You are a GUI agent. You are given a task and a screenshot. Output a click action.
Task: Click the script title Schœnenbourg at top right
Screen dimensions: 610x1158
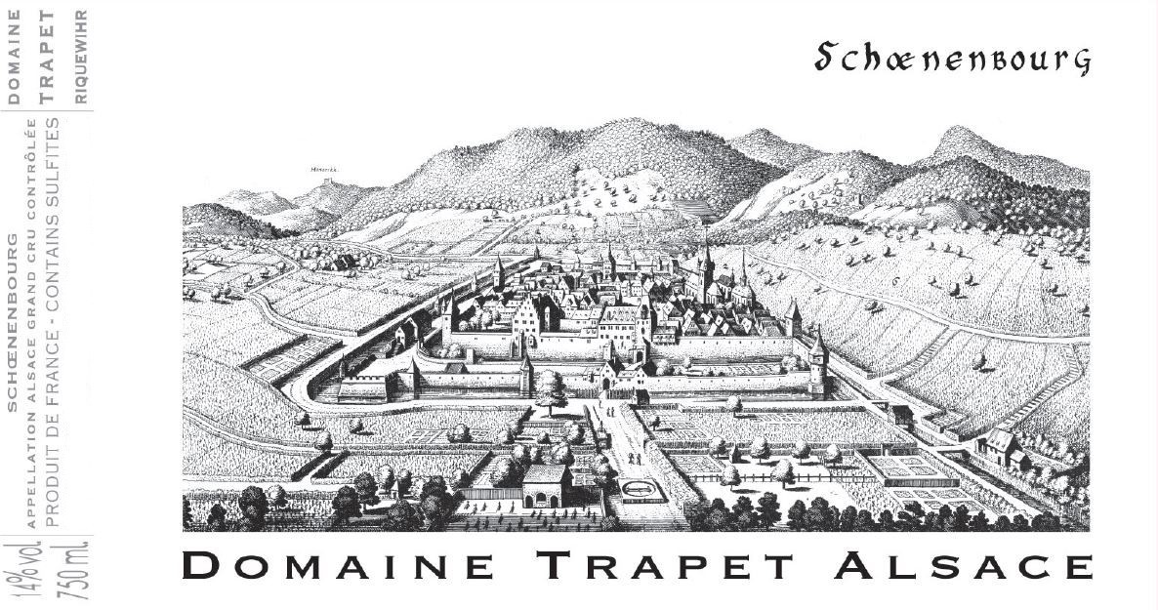951,60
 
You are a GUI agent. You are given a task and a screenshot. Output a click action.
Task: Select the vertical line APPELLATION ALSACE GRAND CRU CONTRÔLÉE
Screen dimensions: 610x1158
34,323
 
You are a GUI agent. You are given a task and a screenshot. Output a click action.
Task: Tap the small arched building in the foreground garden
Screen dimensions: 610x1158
546,485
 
